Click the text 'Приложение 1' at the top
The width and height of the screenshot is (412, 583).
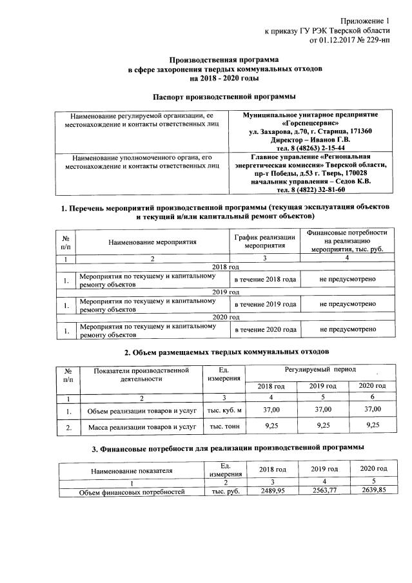pyautogui.click(x=367, y=21)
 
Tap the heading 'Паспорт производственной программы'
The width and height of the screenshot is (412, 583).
pyautogui.click(x=224, y=97)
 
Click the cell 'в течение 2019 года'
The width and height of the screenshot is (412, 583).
pyautogui.click(x=264, y=303)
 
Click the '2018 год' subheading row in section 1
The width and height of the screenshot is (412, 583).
pyautogui.click(x=226, y=266)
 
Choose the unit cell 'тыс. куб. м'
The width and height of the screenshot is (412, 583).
pyautogui.click(x=223, y=410)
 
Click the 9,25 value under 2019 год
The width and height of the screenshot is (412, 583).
pyautogui.click(x=322, y=426)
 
